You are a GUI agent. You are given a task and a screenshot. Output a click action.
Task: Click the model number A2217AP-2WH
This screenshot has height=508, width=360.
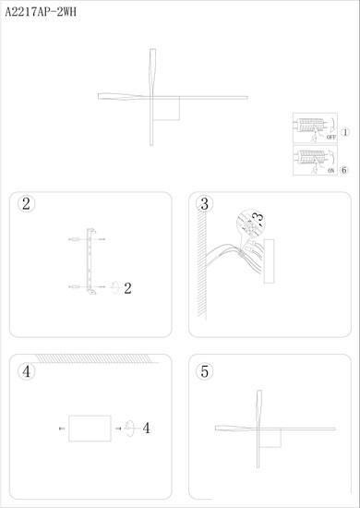41,13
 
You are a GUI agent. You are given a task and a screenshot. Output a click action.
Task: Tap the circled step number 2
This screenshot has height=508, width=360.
26,204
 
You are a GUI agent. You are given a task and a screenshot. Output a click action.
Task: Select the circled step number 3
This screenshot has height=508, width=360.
205,204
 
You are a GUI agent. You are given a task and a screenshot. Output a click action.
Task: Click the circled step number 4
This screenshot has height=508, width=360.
26,371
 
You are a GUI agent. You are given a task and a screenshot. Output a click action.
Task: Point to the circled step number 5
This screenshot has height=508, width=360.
205,371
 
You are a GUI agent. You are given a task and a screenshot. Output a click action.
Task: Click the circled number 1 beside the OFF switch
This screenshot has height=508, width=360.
345,132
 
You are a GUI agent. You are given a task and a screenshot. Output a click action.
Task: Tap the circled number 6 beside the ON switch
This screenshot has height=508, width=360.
343,170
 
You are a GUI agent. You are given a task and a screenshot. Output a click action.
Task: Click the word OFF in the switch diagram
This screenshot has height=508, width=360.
331,137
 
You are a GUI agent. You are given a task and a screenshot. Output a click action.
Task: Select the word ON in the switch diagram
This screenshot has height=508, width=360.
330,170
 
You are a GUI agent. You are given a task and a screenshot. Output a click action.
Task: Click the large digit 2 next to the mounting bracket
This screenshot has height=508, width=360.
128,288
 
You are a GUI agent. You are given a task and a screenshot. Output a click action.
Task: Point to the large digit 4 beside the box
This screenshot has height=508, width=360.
147,429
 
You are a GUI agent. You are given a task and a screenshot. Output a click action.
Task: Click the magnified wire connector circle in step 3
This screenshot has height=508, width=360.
251,224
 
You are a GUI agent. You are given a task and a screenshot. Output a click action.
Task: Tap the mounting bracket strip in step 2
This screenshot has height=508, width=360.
90,261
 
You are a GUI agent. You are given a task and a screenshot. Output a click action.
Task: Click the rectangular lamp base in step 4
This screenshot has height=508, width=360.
90,429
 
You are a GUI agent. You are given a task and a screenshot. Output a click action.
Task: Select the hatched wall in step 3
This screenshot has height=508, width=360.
202,264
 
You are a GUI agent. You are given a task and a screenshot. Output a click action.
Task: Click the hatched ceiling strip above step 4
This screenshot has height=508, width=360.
94,358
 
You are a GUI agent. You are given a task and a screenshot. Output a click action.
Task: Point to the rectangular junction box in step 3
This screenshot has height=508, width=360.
269,261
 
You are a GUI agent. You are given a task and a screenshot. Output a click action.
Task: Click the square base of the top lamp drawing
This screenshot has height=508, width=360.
166,109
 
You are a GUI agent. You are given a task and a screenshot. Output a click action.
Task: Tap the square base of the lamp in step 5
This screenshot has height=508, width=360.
270,439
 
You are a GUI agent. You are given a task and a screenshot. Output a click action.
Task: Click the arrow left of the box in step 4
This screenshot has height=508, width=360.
62,429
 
